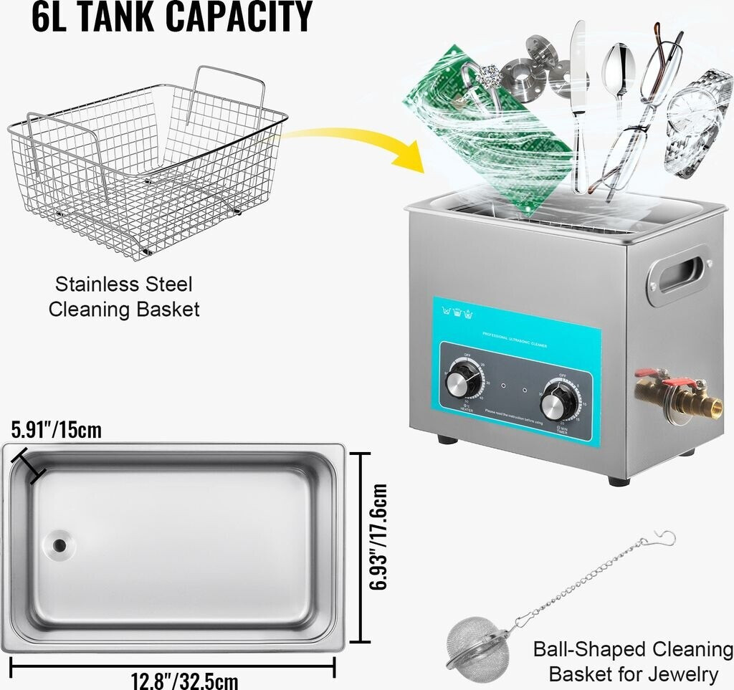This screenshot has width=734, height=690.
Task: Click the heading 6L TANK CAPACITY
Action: [x=172, y=17]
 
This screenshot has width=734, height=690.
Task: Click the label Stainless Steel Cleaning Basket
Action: [x=123, y=297]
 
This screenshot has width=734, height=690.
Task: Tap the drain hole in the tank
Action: [x=58, y=545]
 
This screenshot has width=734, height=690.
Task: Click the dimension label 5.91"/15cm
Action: [x=56, y=431]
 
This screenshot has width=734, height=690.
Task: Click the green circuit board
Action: [x=487, y=129]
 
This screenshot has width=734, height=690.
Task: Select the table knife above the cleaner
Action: [x=578, y=93]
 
